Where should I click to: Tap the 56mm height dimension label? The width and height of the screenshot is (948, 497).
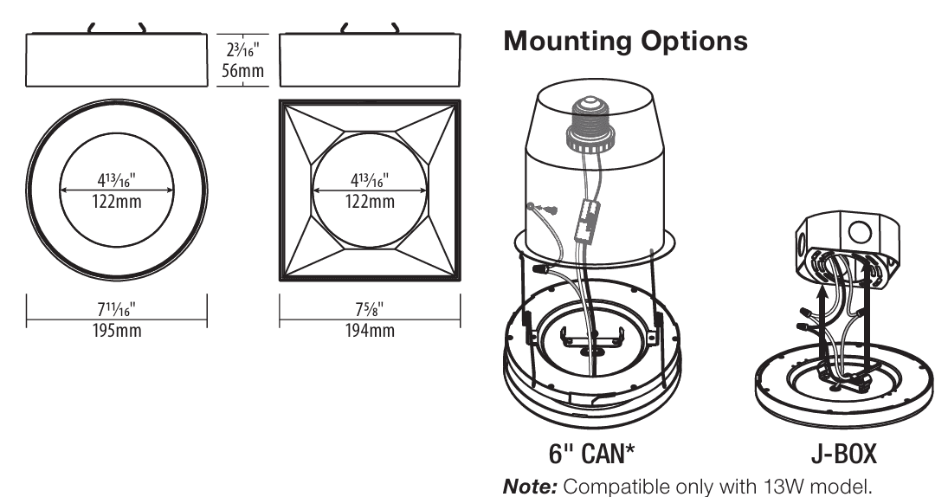pyautogui.click(x=242, y=71)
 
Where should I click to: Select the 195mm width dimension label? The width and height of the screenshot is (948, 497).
pyautogui.click(x=117, y=331)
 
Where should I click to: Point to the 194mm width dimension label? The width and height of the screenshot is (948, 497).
pyautogui.click(x=370, y=331)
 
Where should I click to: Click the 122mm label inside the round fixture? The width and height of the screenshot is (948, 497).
pyautogui.click(x=117, y=202)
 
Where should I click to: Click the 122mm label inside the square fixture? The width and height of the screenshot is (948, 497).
pyautogui.click(x=370, y=202)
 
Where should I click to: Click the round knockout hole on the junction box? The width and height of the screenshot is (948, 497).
pyautogui.click(x=859, y=233)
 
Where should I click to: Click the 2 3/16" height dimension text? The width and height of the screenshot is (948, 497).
pyautogui.click(x=242, y=49)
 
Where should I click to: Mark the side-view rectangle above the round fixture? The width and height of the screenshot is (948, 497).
pyautogui.click(x=117, y=60)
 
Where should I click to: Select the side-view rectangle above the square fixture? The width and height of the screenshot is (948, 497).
pyautogui.click(x=370, y=60)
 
